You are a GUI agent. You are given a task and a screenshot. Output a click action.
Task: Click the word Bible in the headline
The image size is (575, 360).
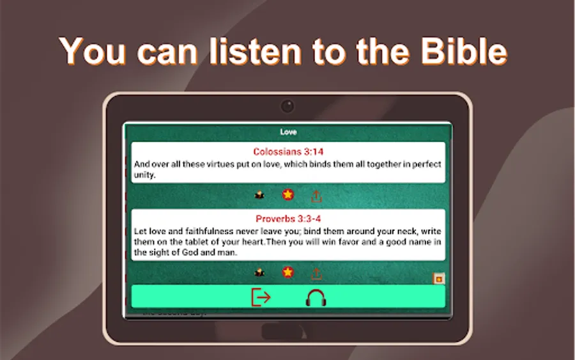[x=464, y=51]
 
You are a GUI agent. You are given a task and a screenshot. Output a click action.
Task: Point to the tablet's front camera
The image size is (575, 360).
[x=287, y=106]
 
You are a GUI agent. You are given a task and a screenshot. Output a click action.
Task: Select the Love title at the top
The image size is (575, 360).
[x=288, y=132]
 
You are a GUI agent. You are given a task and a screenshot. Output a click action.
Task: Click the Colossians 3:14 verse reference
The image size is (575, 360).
[x=288, y=152]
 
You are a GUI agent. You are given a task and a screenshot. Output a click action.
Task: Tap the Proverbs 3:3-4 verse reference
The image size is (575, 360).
[x=288, y=219]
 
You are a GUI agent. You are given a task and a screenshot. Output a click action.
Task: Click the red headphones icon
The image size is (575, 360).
[x=316, y=297]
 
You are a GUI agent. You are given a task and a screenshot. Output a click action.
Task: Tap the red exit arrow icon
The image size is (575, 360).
[x=261, y=297]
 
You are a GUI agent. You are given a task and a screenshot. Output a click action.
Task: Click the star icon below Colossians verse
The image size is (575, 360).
[x=288, y=194]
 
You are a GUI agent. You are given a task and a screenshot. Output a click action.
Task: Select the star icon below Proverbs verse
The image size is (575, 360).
[x=288, y=272]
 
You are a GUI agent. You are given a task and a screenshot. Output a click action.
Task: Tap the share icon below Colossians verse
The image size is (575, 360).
[x=316, y=196]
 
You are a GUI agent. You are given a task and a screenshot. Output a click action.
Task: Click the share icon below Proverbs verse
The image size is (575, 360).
[x=316, y=274]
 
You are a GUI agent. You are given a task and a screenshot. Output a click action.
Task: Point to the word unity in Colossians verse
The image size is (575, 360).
[x=144, y=175]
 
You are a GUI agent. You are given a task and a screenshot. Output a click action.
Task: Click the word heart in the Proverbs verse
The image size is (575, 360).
[x=254, y=242]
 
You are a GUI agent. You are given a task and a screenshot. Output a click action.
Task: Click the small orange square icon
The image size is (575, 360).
[x=438, y=279]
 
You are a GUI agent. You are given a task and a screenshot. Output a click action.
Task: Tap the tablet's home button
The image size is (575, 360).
[x=282, y=331]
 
